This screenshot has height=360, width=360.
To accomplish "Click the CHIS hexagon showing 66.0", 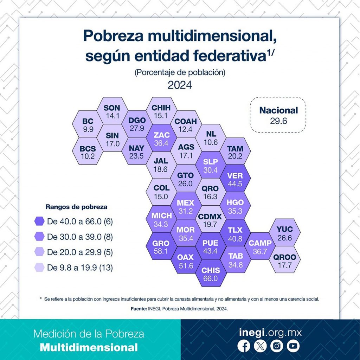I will click(211, 274).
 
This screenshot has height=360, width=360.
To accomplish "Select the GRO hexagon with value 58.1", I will click(161, 247).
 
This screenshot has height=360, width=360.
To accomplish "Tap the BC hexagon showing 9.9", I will click(88, 125).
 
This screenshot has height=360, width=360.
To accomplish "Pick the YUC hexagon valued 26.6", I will click(284, 233).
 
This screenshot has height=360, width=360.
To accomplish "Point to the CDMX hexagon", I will click(210, 220).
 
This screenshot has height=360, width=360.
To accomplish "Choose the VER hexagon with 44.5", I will click(235, 179).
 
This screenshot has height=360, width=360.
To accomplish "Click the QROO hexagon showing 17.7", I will click(284, 261).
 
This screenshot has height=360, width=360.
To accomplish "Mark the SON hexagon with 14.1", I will click(112, 111).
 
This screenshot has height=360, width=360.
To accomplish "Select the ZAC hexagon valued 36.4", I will click(162, 139).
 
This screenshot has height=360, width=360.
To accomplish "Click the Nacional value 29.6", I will click(278, 121).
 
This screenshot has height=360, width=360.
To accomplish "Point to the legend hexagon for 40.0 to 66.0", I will click(39, 221).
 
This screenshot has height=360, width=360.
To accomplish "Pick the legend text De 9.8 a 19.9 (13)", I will click(80, 268).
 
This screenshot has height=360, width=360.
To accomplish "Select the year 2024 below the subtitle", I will click(180, 85).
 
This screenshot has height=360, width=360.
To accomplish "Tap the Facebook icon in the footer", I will click(244, 346).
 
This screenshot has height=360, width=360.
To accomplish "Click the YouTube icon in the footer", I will click(293, 346).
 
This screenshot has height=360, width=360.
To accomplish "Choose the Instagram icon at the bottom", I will click(277, 346).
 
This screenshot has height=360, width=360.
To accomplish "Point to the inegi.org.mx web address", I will click(270, 332).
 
